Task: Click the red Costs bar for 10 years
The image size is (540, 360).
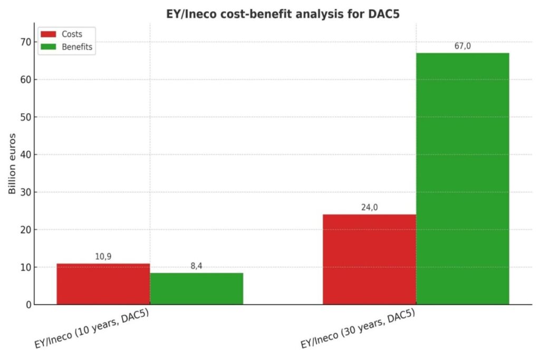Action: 103,284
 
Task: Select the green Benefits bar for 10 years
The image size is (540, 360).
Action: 196,289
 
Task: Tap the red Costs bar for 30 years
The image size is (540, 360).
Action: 369,259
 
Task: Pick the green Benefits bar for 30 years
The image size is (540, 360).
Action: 462,179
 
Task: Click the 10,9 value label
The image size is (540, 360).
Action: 103,257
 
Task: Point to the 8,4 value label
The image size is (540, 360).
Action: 196,266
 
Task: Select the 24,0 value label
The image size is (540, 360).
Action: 369,208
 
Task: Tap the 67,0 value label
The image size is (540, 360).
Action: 462,46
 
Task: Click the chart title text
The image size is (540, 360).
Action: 283,14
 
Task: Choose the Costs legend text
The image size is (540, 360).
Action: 72,34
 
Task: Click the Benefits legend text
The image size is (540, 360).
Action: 77,47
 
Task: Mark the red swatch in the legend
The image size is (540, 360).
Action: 48,34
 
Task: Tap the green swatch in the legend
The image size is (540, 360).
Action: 48,47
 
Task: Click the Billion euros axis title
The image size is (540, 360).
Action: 13,164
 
